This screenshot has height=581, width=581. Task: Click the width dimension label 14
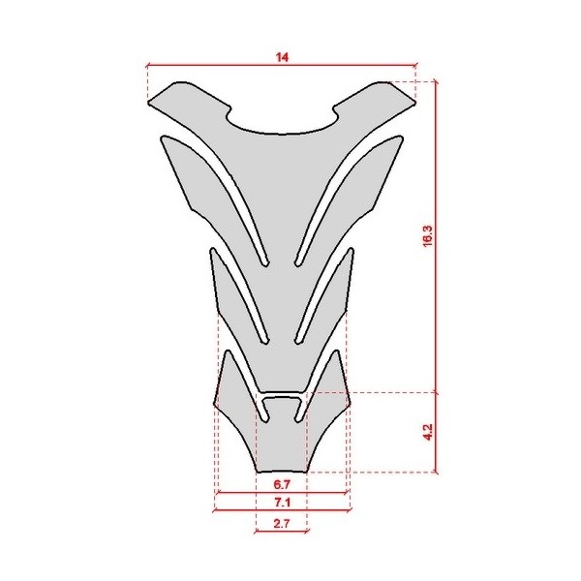282,58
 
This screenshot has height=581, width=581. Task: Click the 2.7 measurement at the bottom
282,523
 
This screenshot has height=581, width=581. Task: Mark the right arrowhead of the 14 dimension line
413,66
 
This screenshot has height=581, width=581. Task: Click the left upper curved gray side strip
194,174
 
